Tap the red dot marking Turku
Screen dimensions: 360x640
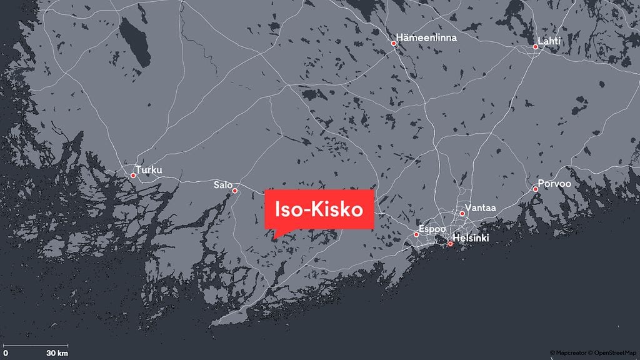(133, 176)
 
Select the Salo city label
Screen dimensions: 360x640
(222, 185)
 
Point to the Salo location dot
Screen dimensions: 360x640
(235, 191)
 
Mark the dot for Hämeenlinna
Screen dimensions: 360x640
(394, 44)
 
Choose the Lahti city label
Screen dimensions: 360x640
(550, 41)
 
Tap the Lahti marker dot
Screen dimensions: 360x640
(535, 47)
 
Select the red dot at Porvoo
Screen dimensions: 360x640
(536, 189)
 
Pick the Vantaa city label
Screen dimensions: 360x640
(477, 207)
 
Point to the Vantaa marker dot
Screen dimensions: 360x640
(462, 214)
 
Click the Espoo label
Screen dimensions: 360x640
(432, 229)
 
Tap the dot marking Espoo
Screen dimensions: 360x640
(416, 235)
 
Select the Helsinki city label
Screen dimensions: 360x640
(471, 238)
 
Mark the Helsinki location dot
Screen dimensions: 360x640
(450, 244)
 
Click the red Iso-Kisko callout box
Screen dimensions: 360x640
(319, 210)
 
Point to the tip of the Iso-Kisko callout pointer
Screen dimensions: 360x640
(273, 239)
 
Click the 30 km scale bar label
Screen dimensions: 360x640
(57, 353)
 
